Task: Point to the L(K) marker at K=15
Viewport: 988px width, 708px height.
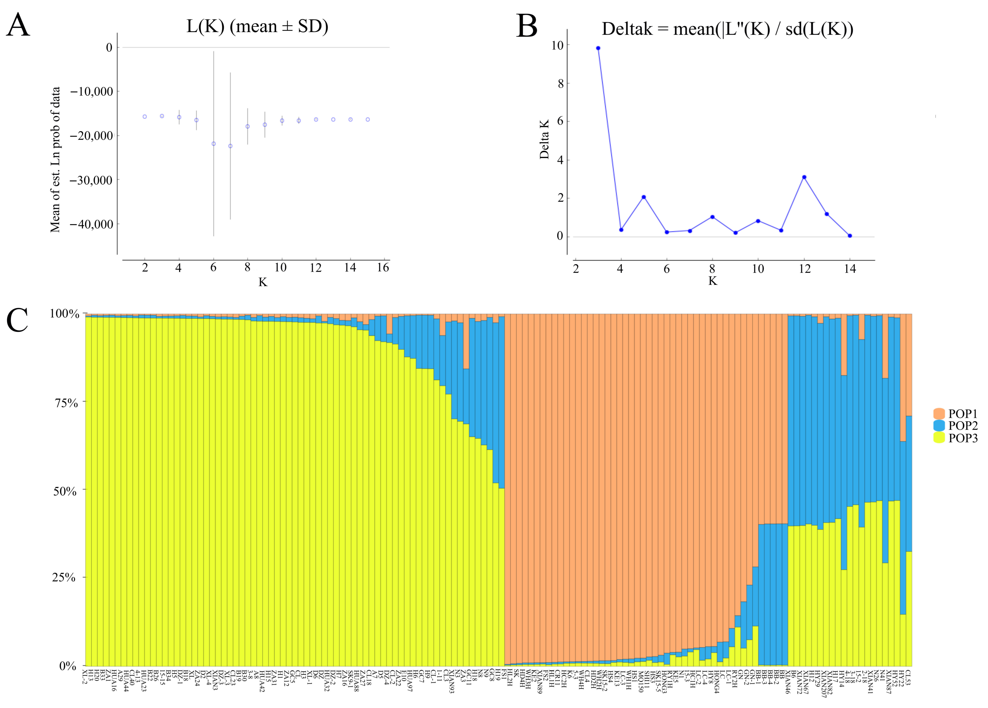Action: coord(368,119)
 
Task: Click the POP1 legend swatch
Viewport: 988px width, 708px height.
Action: coord(939,414)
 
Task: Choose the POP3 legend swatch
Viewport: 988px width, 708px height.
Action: coord(939,438)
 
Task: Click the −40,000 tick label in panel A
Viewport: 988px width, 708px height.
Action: coord(91,224)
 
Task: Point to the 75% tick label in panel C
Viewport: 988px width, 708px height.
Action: coord(66,403)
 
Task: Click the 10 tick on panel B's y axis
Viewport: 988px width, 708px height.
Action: coord(557,45)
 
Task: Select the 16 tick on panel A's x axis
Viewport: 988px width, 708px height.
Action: coord(383,268)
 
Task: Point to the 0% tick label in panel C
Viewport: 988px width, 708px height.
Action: coord(68,666)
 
